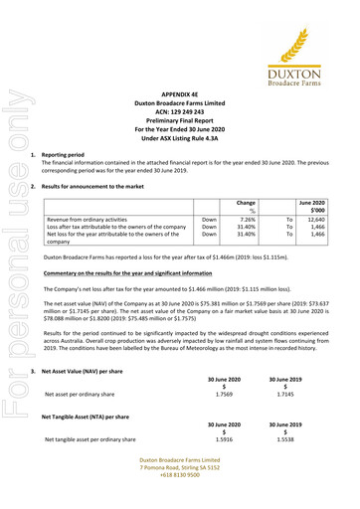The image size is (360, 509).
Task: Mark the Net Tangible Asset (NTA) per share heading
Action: click(x=104, y=417)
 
